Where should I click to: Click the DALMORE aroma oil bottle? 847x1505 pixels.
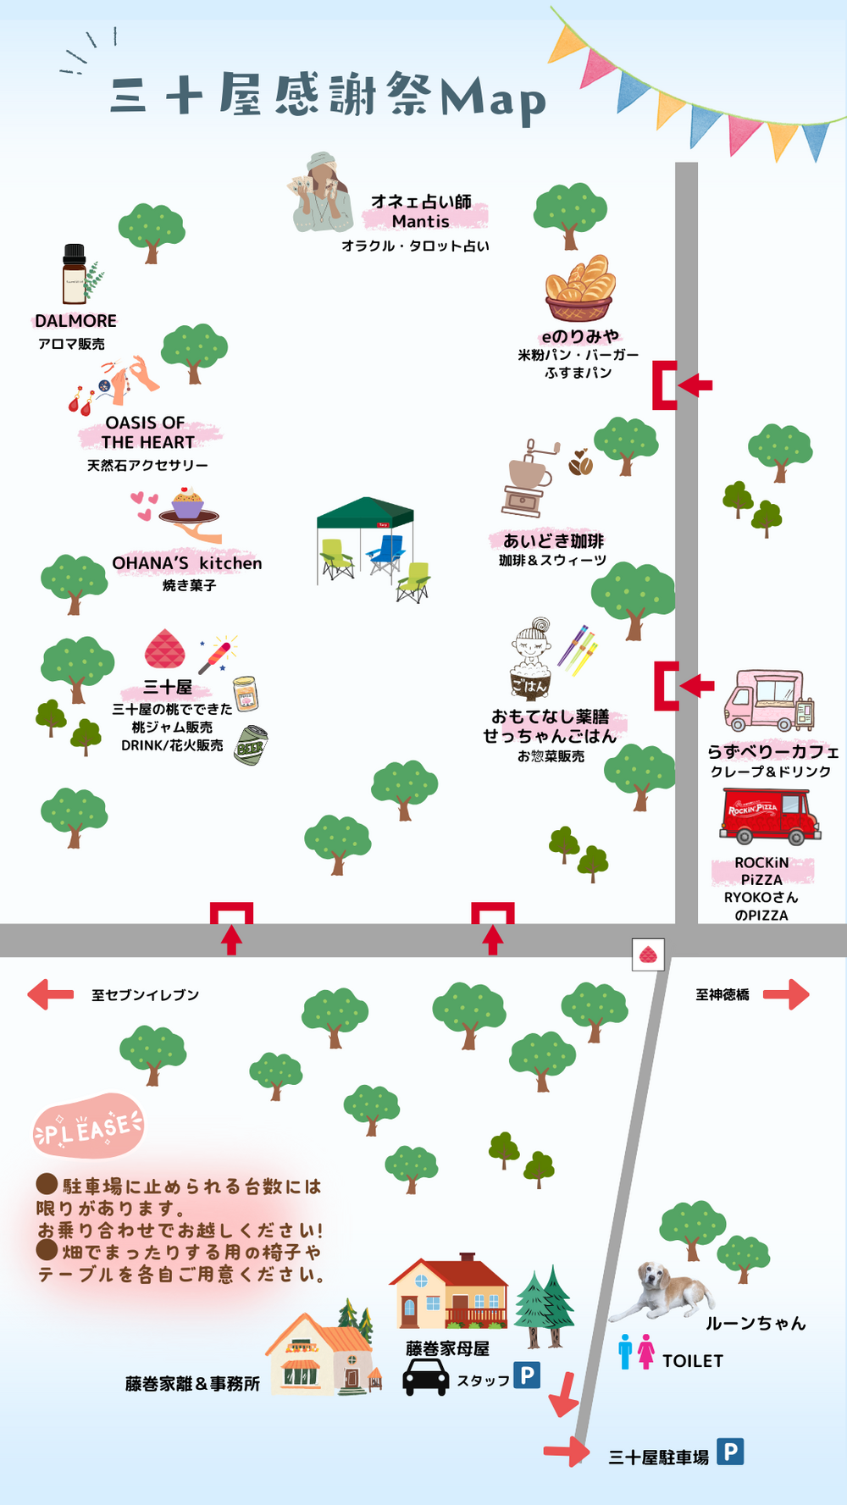pyautogui.click(x=75, y=274)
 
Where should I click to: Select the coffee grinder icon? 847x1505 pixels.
pyautogui.click(x=527, y=479)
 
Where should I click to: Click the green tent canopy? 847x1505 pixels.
pyautogui.click(x=365, y=512)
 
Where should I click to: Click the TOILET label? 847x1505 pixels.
pyautogui.click(x=692, y=1361)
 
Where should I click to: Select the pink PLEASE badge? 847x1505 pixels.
pyautogui.click(x=88, y=1126)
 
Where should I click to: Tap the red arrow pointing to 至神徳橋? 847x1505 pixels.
pyautogui.click(x=787, y=994)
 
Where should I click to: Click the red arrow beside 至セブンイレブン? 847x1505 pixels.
pyautogui.click(x=50, y=994)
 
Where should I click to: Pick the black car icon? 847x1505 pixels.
pyautogui.click(x=425, y=1377)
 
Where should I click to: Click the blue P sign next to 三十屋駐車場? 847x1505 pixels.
pyautogui.click(x=730, y=1452)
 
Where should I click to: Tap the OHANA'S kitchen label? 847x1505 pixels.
pyautogui.click(x=187, y=563)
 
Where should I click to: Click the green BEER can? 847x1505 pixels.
pyautogui.click(x=251, y=746)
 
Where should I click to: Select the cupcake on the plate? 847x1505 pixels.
pyautogui.click(x=187, y=503)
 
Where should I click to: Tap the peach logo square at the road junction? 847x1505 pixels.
pyautogui.click(x=649, y=954)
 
